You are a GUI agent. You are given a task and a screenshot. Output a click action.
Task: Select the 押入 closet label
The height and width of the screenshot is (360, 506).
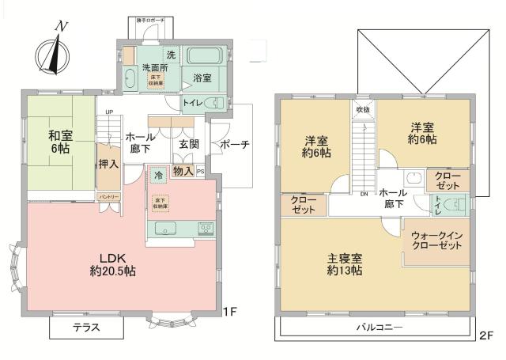pos(109,164)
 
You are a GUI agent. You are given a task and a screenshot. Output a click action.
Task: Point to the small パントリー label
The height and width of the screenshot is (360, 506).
pos(108,195)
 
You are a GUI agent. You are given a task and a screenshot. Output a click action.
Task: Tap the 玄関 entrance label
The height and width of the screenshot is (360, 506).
pos(188,144)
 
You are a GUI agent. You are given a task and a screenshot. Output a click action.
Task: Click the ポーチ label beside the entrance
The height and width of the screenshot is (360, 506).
pos(235,145)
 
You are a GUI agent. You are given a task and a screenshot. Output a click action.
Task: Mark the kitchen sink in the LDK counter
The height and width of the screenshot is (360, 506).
pos(167,229)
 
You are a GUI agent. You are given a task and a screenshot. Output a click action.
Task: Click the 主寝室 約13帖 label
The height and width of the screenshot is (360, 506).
pos(346,264)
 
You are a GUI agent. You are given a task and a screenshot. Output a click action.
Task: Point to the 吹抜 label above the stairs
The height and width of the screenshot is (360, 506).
pos(362,109)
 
